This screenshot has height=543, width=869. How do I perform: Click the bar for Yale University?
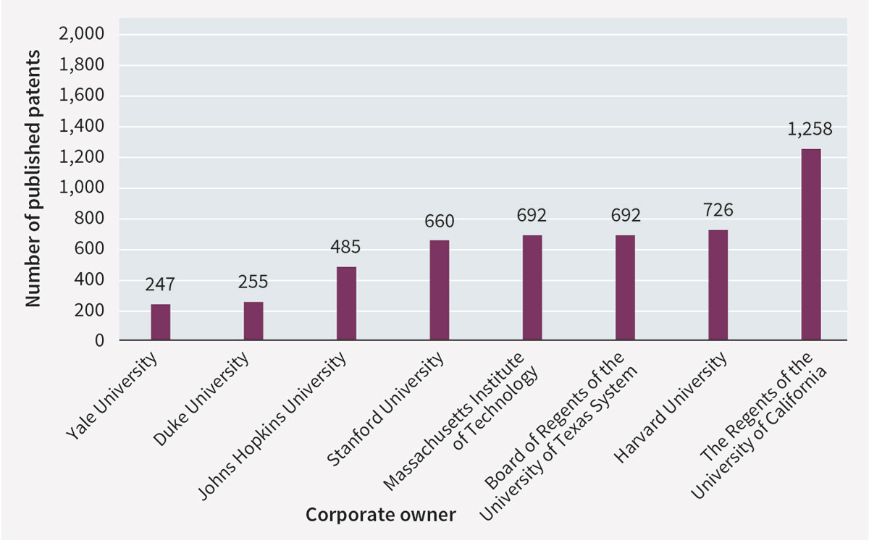161,322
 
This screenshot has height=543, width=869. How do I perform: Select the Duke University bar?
253,321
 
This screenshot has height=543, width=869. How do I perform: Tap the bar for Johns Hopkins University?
346,303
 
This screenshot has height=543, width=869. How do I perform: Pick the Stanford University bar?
439,290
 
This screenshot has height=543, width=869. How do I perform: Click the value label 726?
718,211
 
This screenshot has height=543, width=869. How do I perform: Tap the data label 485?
346,248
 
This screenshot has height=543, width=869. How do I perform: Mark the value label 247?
161,285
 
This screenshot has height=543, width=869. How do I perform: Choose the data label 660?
439,221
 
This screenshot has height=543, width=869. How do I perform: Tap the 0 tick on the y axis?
99,341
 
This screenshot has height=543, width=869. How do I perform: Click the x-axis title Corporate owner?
380,515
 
